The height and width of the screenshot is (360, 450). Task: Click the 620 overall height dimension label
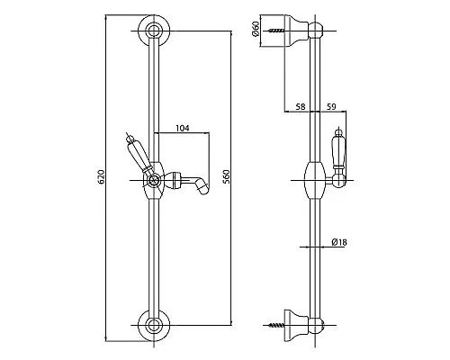coord(102,177)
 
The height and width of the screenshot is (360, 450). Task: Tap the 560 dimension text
coord(227,177)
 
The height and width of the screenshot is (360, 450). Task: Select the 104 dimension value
coord(183,128)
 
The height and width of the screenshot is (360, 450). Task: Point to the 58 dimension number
coord(301,106)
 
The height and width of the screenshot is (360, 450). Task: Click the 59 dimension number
coord(331,106)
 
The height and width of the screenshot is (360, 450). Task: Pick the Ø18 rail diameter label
coord(339,242)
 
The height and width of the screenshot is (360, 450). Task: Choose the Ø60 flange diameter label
coord(256,29)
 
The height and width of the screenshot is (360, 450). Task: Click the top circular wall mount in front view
coord(154,31)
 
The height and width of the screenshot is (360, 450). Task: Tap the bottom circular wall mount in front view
coord(154,325)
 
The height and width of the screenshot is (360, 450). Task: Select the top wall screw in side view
coord(276,31)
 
